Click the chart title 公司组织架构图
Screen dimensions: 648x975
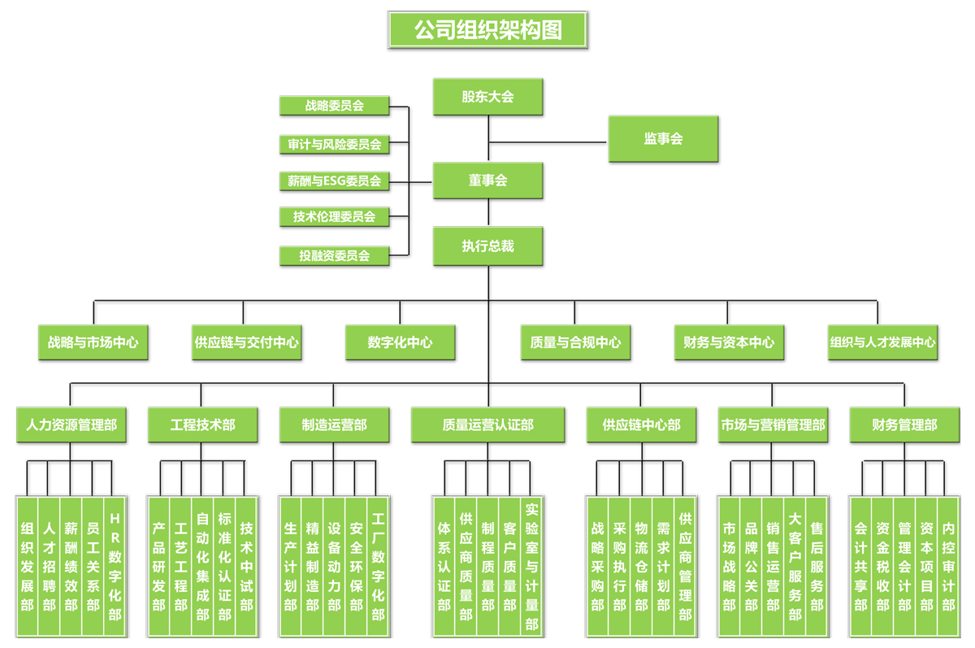point(487,30)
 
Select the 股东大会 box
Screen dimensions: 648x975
point(487,97)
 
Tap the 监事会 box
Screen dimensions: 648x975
point(663,139)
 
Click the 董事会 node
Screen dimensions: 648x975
point(487,180)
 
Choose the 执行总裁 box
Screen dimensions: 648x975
point(487,246)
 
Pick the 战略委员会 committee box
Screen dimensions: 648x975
point(334,106)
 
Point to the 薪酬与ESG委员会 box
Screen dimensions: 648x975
point(334,181)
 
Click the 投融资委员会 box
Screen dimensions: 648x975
point(334,255)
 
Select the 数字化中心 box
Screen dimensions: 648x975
point(400,342)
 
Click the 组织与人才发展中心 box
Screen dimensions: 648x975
point(882,342)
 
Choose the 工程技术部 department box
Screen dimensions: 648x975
point(203,425)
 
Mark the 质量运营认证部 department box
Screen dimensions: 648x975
point(487,425)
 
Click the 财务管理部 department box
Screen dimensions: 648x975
point(904,425)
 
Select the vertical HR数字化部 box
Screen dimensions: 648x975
point(115,566)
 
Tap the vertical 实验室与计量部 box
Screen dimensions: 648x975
point(531,566)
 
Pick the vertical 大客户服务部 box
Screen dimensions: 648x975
point(795,566)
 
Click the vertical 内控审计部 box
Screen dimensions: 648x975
point(948,566)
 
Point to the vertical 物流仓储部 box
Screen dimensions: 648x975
point(642,566)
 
